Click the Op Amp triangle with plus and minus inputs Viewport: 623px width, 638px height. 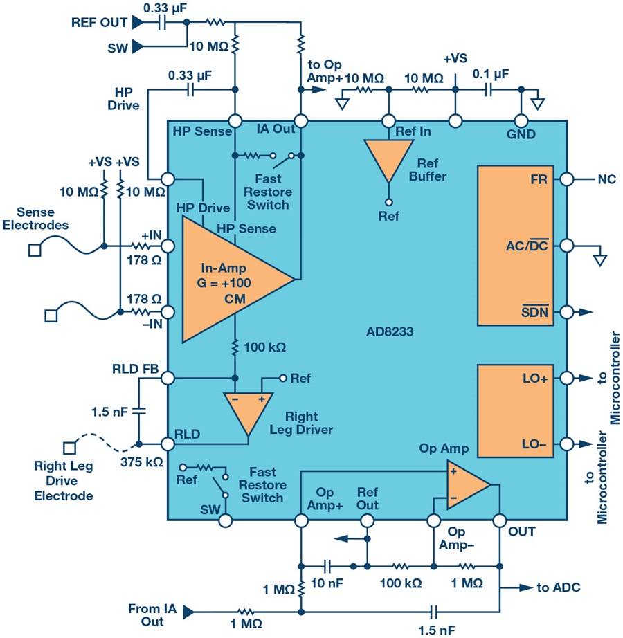[466, 484]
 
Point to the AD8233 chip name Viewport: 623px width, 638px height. [390, 331]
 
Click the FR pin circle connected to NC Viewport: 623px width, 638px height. [567, 179]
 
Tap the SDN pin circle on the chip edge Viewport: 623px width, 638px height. [567, 312]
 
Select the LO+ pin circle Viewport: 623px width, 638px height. [567, 378]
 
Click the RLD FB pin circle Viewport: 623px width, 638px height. [168, 378]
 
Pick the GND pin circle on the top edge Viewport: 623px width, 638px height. [521, 121]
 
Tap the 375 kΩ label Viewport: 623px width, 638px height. [141, 462]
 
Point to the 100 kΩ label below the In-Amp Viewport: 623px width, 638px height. [265, 347]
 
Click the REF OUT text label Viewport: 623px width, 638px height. [99, 22]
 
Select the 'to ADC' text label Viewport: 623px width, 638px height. [559, 587]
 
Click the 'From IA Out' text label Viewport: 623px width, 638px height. [152, 614]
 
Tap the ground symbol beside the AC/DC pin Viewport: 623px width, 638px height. [600, 259]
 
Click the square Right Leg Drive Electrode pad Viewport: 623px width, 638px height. [70, 448]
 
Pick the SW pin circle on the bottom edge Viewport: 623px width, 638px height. [226, 520]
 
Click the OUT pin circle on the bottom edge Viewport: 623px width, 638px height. [500, 520]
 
